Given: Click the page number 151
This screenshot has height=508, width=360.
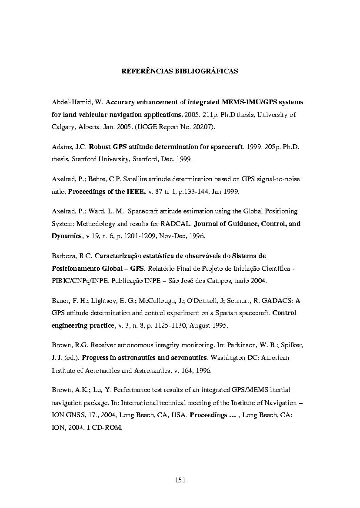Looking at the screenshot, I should tap(180, 480).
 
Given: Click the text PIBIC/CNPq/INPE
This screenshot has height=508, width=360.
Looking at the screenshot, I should tap(75, 281).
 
